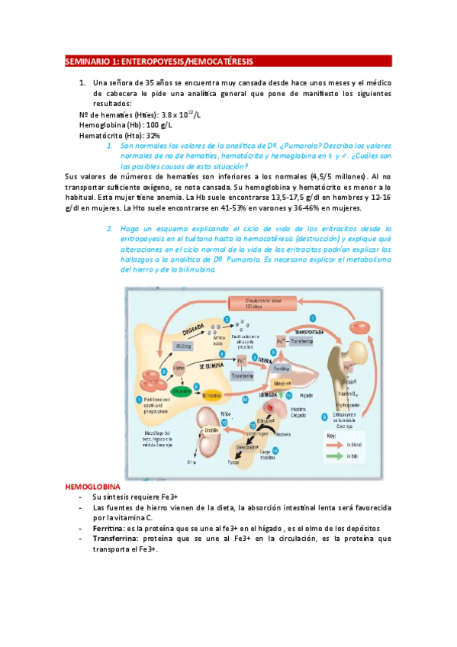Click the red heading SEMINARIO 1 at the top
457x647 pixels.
[x=159, y=61]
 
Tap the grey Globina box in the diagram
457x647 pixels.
[x=182, y=346]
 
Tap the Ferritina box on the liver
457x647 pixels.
[x=260, y=369]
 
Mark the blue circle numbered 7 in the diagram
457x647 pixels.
[x=312, y=317]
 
